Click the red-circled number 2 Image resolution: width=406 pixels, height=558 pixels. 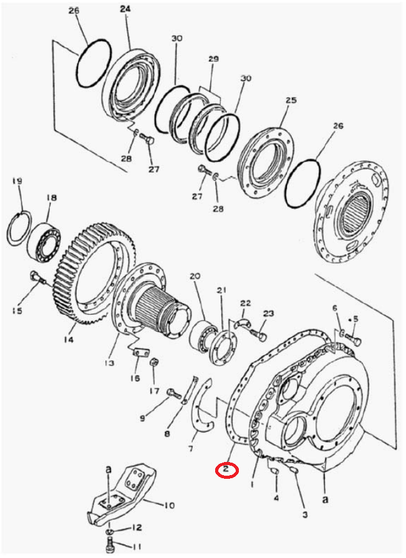pyautogui.click(x=226, y=469)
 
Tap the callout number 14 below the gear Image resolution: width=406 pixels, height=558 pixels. pyautogui.click(x=69, y=340)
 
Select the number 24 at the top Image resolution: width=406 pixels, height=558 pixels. pyautogui.click(x=125, y=9)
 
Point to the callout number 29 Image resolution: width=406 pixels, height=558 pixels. pyautogui.click(x=213, y=59)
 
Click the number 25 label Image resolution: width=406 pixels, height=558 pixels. pyautogui.click(x=291, y=100)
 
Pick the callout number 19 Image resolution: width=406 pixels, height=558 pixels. pyautogui.click(x=17, y=181)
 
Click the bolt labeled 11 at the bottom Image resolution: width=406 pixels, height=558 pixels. pyautogui.click(x=110, y=545)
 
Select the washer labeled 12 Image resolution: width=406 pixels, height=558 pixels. pyautogui.click(x=110, y=531)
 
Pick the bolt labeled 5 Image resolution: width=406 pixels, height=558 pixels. pyautogui.click(x=352, y=340)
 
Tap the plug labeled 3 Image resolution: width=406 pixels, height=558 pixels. pyautogui.click(x=294, y=471)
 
